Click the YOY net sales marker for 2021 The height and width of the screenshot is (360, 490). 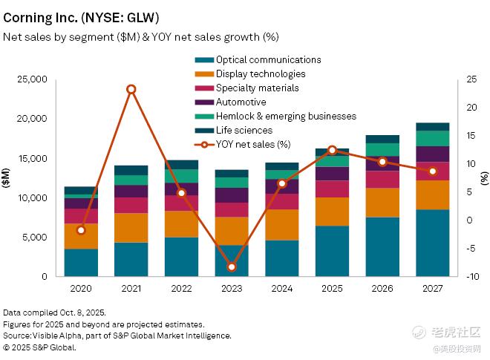click(131, 89)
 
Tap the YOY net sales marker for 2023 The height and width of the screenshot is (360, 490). click(231, 266)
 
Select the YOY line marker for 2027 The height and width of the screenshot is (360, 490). click(432, 171)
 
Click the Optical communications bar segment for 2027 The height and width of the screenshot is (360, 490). click(432, 243)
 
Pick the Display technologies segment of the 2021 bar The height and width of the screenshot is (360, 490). click(131, 228)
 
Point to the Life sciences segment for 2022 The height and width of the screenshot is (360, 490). click(181, 164)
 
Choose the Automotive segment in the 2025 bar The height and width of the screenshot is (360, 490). click(332, 173)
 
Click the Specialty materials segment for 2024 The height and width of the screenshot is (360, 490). click(281, 201)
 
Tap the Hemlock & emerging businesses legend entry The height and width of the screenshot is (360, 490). click(275, 117)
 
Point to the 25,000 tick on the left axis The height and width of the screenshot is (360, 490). click(32, 79)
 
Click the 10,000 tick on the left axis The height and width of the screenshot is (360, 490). click(32, 198)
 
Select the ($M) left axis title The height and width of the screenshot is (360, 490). click(7, 178)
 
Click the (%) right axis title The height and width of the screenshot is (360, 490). click(484, 178)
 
